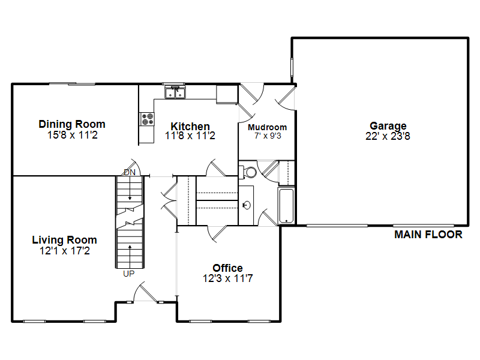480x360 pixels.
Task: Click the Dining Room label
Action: [x=72, y=124]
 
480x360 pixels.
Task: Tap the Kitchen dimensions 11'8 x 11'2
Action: [x=190, y=136]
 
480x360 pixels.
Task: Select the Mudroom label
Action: [x=267, y=127]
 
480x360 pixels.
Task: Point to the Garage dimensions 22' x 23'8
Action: [x=388, y=136]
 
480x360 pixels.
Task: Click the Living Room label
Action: [x=65, y=239]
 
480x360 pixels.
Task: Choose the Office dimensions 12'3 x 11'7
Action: [x=228, y=278]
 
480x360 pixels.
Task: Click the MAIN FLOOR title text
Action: [x=428, y=235]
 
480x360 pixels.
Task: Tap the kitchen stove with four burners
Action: [x=147, y=119]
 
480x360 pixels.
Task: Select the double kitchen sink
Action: [x=175, y=92]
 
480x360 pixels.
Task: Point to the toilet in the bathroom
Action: [x=248, y=172]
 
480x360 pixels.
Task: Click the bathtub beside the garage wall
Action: [x=286, y=206]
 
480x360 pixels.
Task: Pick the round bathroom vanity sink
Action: [x=247, y=205]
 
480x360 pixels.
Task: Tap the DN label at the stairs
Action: [x=130, y=172]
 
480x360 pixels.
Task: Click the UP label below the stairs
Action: [x=128, y=274]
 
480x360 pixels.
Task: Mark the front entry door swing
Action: [x=145, y=292]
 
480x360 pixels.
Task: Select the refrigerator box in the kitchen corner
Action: [x=227, y=95]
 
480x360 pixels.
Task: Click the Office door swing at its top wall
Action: [x=217, y=234]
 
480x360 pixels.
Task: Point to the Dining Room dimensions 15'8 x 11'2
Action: [x=72, y=135]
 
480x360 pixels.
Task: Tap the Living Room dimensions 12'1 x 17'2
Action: [x=65, y=251]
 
